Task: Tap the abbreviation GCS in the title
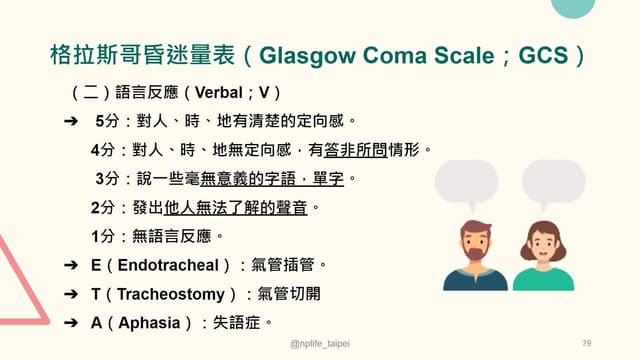point(541,53)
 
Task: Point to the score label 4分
point(103,151)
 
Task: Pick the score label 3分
point(106,179)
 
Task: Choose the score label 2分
point(103,208)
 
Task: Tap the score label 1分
point(103,237)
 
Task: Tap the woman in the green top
point(544,255)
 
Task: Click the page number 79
point(587,343)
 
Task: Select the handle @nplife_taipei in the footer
point(320,343)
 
